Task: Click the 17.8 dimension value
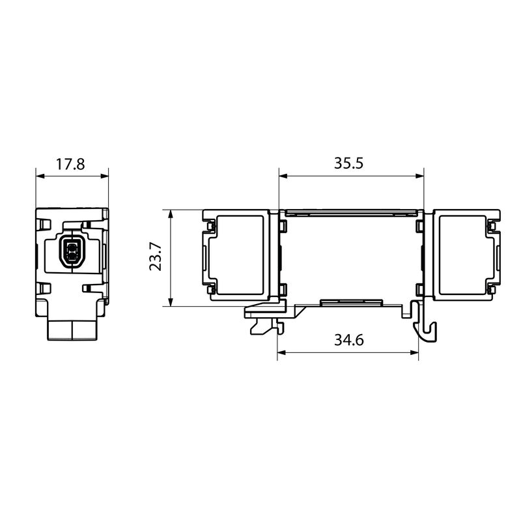pyautogui.click(x=70, y=164)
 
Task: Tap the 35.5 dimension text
pyautogui.click(x=348, y=163)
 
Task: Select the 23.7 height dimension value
pyautogui.click(x=156, y=257)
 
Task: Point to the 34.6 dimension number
pyautogui.click(x=349, y=340)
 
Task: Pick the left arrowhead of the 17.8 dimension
pyautogui.click(x=40, y=176)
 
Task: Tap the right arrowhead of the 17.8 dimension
pyautogui.click(x=104, y=176)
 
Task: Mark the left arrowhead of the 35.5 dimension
pyautogui.click(x=283, y=176)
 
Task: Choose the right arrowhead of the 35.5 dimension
pyautogui.click(x=419, y=176)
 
